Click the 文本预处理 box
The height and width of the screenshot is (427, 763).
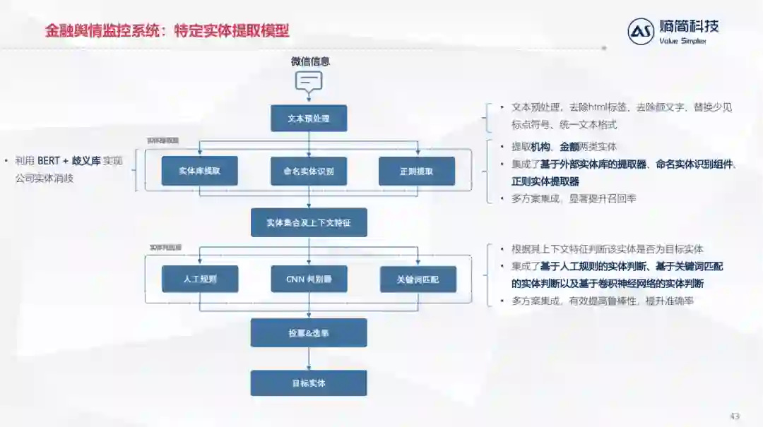coord(309,118)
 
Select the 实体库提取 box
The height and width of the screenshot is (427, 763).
coord(199,171)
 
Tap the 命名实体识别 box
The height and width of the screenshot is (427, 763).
coord(309,171)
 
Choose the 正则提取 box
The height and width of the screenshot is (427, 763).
coord(417,171)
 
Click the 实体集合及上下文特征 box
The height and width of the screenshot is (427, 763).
coord(309,223)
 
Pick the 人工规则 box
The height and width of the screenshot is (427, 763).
coord(200,279)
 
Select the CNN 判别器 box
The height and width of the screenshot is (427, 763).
coord(309,279)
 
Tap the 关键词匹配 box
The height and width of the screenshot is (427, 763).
coord(418,279)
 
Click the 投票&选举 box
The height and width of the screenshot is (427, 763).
coord(309,332)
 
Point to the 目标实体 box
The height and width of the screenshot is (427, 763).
coord(309,383)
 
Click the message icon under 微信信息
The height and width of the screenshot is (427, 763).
coord(309,81)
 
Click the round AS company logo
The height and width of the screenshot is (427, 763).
coord(641,32)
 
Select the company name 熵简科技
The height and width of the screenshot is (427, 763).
coord(688,27)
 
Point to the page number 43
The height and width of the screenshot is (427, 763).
coord(735,416)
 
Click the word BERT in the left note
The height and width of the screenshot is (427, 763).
coord(49,161)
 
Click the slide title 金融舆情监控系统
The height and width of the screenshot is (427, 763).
coord(106,31)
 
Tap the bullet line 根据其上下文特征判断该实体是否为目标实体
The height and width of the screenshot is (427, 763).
coord(607,249)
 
